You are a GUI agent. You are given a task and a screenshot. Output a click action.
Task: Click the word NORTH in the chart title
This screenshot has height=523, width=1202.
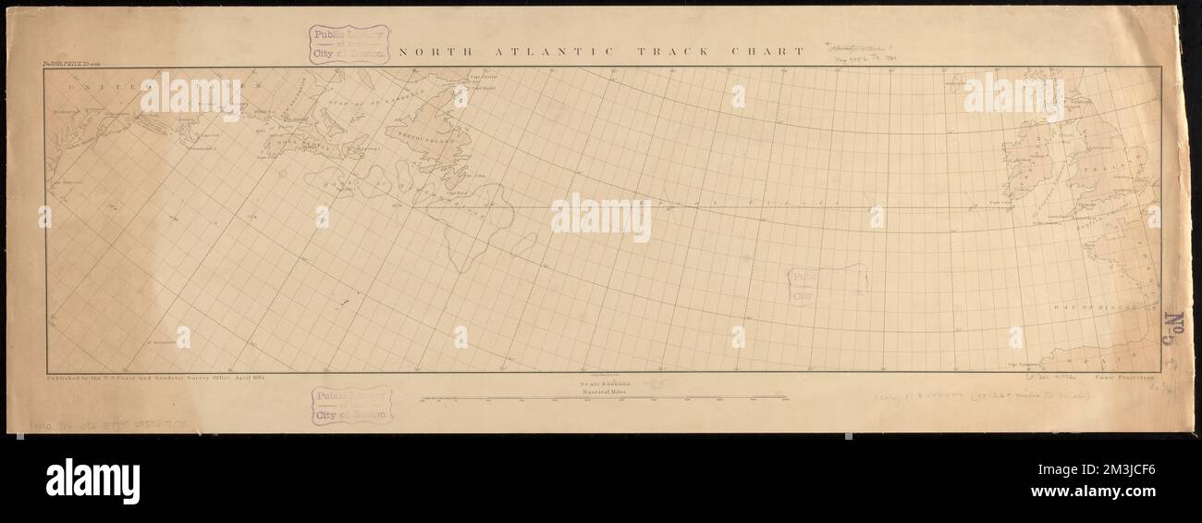click(425, 52)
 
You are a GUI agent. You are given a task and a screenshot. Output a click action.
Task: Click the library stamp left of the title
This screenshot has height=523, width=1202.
click(349, 44)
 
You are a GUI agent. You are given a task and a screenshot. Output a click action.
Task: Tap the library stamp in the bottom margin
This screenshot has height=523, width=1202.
click(350, 405)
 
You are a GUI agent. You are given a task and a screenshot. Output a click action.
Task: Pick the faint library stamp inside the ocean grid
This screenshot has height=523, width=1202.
click(828, 285)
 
